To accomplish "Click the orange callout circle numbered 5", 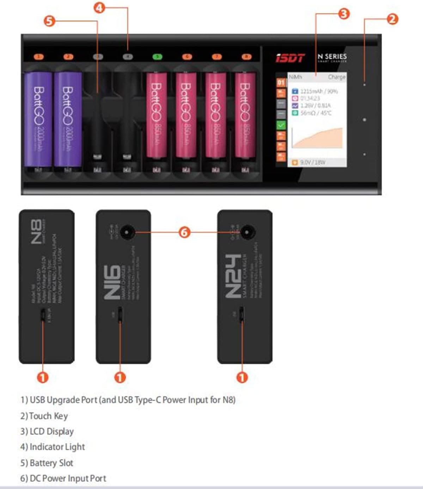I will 50,21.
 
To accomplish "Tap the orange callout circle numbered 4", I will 99,7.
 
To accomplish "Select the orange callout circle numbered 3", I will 344,14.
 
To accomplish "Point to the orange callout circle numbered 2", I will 392,19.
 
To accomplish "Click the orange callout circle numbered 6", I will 184,232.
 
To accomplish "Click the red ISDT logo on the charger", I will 290,58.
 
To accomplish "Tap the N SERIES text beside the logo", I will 332,57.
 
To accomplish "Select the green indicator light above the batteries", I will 157,56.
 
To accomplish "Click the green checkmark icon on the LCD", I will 281,125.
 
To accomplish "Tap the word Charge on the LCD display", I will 336,77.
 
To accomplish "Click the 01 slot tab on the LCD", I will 281,83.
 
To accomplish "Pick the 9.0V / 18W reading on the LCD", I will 313,162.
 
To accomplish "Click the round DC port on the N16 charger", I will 126,232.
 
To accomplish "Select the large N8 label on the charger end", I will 36,232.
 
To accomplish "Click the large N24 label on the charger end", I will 233,276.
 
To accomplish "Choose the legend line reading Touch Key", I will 44,416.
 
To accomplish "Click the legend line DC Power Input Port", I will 63,478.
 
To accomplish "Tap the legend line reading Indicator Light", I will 53,447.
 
